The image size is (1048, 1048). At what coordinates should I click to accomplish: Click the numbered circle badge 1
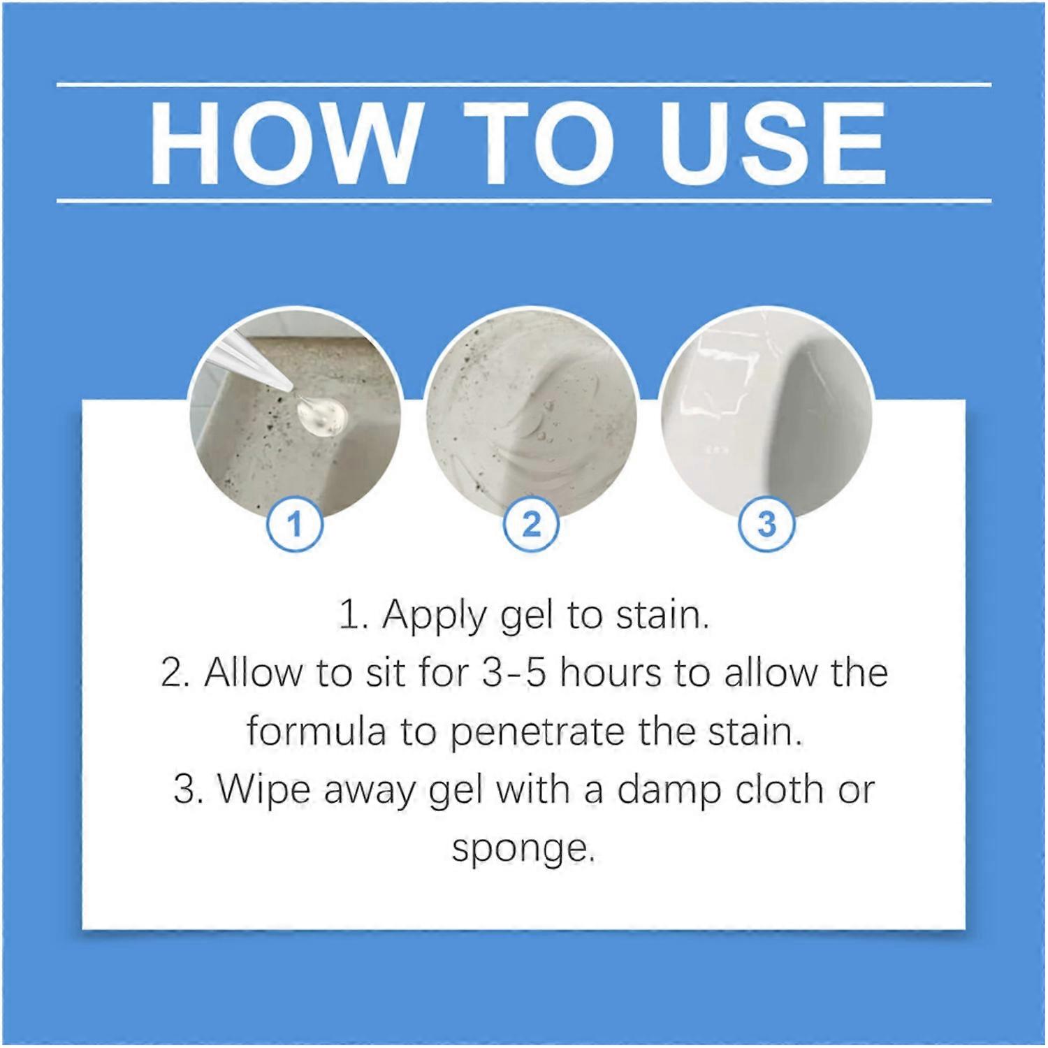(x=294, y=524)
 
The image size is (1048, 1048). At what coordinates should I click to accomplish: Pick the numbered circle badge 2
(x=531, y=524)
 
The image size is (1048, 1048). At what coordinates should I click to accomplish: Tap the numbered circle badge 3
(x=766, y=524)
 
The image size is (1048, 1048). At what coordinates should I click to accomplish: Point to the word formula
(x=316, y=732)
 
